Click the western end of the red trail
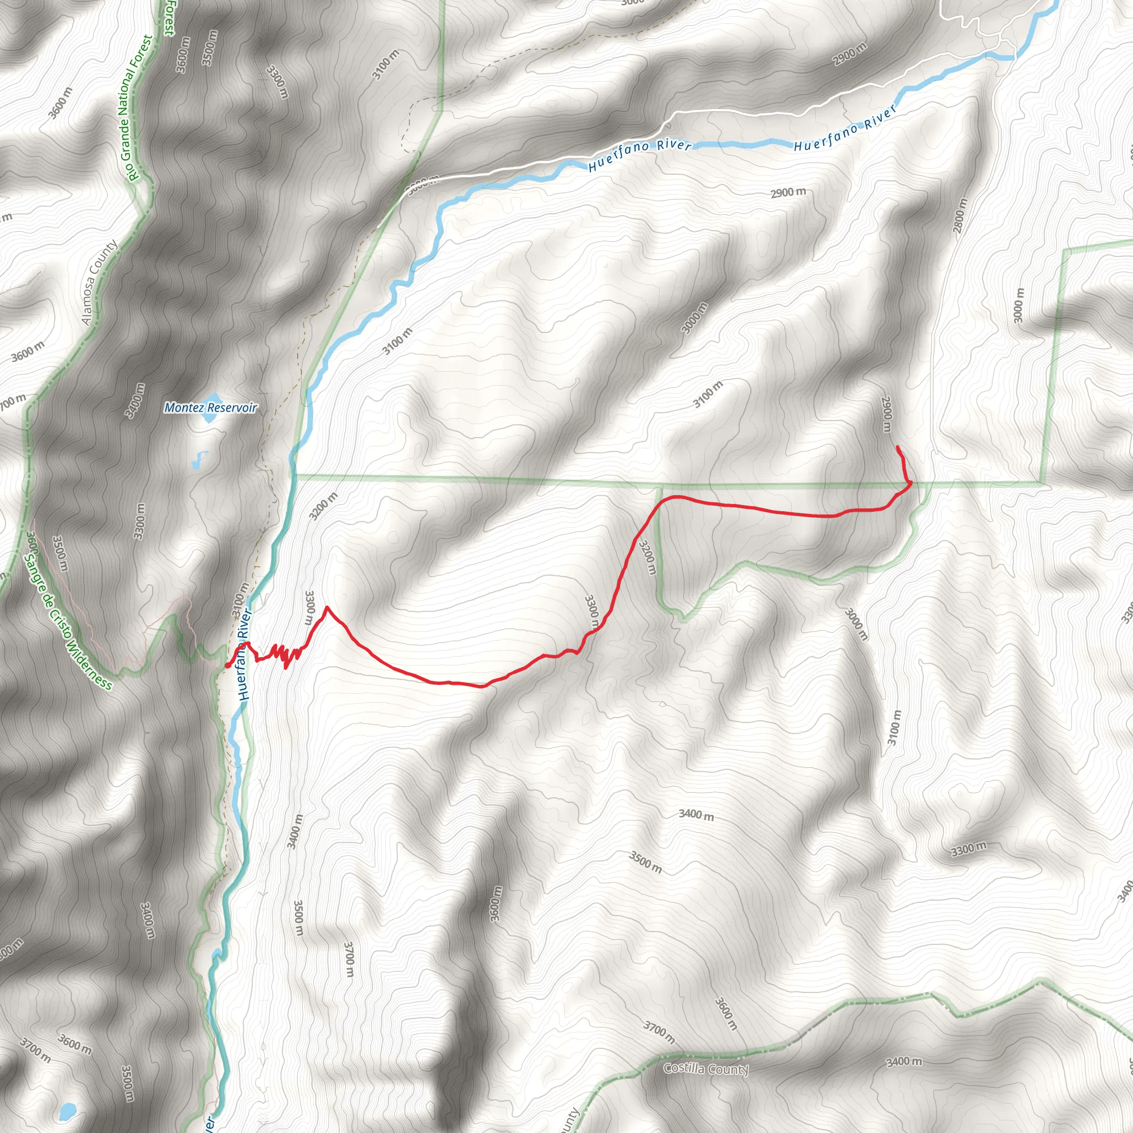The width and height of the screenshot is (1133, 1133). (x=227, y=666)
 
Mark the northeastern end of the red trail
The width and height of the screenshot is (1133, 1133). (x=898, y=448)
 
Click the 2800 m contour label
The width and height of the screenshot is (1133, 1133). (x=959, y=215)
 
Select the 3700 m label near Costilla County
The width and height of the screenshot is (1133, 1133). (x=659, y=1032)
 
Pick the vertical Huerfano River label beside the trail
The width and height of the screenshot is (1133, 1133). (x=245, y=655)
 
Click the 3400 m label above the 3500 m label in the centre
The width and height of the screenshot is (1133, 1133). (x=696, y=814)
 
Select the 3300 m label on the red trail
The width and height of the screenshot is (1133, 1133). (x=591, y=612)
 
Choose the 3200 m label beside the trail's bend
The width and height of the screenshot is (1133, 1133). (x=647, y=557)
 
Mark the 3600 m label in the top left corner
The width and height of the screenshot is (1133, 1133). (x=60, y=103)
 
